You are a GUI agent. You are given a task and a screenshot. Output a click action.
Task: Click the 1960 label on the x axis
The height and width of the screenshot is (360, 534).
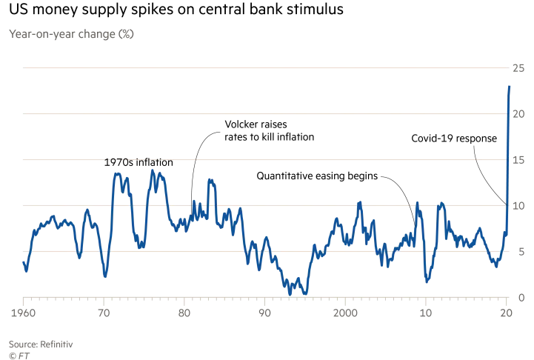click(x=23, y=313)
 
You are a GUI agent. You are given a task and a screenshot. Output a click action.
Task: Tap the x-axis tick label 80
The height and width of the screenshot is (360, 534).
click(x=184, y=313)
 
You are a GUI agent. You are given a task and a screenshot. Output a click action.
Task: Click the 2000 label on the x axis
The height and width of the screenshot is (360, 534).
click(x=345, y=313)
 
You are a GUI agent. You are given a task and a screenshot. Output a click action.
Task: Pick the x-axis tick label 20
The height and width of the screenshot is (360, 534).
click(x=506, y=313)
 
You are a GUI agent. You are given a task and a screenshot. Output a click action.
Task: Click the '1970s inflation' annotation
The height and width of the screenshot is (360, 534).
click(x=138, y=162)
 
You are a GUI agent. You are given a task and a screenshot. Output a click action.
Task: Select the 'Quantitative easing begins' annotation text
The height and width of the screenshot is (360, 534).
click(x=317, y=176)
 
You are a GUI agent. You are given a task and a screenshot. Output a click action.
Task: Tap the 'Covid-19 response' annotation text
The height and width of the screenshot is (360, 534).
click(x=454, y=139)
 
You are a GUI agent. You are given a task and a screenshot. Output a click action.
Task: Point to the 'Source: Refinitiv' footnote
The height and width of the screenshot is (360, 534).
click(x=41, y=344)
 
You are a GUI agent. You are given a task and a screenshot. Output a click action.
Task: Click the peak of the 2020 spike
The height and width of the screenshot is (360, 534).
click(x=510, y=87)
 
